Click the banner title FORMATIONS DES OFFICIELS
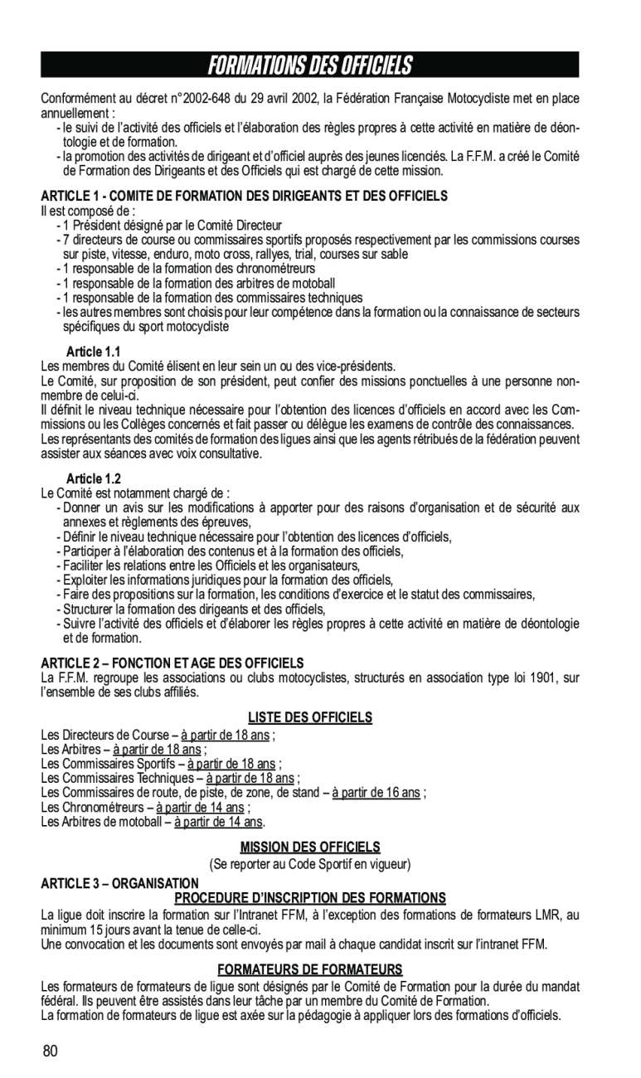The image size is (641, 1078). click(x=309, y=65)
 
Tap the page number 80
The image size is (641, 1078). click(x=51, y=1051)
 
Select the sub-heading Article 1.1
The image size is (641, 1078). click(x=93, y=352)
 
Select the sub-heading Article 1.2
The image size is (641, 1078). click(x=93, y=478)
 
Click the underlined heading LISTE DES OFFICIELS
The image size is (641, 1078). click(x=310, y=717)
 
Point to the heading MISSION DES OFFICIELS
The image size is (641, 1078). click(x=310, y=847)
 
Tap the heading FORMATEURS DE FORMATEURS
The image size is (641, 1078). click(x=310, y=969)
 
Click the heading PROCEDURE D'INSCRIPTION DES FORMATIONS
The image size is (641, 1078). click(x=310, y=898)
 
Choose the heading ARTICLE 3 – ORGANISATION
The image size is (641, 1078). click(x=119, y=883)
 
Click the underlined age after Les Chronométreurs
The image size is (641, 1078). click(x=201, y=807)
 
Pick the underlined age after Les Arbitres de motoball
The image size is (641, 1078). click(x=218, y=822)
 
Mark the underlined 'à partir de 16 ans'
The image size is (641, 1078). click(x=376, y=792)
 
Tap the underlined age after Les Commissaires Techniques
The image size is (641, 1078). click(x=250, y=778)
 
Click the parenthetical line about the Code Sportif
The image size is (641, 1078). click(x=310, y=864)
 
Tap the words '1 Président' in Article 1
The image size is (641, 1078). click(x=90, y=225)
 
